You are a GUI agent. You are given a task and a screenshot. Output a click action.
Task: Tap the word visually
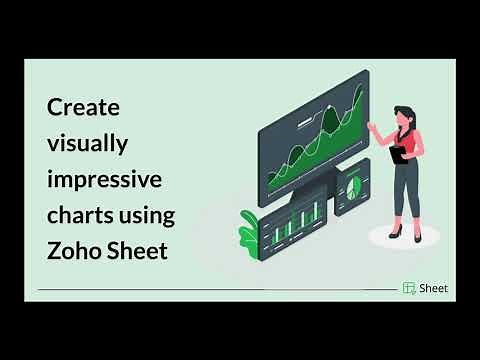88,143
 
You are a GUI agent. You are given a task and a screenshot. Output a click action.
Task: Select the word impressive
104,179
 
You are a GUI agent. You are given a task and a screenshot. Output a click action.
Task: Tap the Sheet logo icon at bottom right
409,288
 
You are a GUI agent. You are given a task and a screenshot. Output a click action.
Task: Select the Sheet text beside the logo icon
434,288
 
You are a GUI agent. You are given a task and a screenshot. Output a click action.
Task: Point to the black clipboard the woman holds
400,154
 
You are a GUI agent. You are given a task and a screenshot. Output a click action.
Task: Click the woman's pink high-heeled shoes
401,231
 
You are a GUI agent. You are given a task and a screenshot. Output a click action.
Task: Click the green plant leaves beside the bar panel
249,230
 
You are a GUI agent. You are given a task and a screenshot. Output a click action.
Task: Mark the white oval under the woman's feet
404,236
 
